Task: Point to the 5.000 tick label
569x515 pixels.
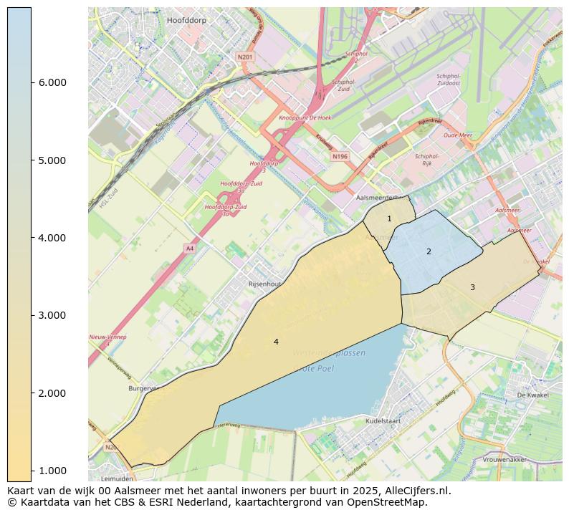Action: click(52, 160)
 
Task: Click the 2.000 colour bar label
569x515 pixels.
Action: click(52, 393)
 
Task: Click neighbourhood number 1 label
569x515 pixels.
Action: click(389, 218)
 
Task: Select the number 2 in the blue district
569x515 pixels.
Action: click(429, 251)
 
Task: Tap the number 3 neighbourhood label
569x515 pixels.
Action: click(472, 287)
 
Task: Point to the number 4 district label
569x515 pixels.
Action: click(276, 342)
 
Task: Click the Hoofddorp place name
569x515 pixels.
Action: click(186, 21)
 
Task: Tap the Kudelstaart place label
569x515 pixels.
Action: click(386, 421)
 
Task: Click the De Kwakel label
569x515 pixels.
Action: click(532, 395)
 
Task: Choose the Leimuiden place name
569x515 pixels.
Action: click(117, 478)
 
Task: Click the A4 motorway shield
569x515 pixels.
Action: click(189, 248)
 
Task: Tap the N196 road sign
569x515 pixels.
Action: click(340, 155)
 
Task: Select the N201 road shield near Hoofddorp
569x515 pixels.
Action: click(245, 56)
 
